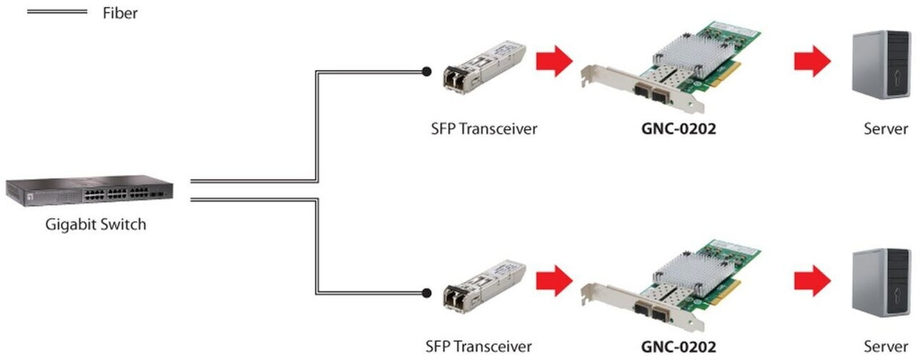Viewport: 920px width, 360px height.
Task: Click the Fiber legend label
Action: (x=120, y=13)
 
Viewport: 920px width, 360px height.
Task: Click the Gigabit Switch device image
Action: (x=89, y=191)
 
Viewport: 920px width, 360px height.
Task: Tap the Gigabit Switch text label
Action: (x=96, y=224)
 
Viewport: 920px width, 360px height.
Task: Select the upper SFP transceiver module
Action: (x=484, y=67)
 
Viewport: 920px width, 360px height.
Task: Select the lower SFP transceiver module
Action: (x=484, y=286)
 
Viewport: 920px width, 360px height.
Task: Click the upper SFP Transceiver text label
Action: (x=484, y=129)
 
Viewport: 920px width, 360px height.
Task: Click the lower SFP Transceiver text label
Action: (x=479, y=346)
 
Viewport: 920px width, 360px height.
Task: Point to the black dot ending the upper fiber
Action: (x=426, y=72)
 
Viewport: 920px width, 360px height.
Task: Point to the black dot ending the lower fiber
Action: (x=426, y=293)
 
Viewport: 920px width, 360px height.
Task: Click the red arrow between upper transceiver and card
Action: (x=554, y=61)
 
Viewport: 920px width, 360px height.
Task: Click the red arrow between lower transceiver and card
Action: (x=554, y=281)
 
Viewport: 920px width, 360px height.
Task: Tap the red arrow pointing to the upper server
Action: (x=812, y=61)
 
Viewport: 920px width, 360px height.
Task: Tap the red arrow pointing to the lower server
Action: (x=812, y=281)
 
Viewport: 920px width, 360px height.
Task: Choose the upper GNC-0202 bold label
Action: (x=679, y=129)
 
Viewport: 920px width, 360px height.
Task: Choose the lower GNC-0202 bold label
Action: (x=679, y=347)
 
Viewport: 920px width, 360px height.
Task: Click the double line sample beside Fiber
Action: (x=57, y=12)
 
